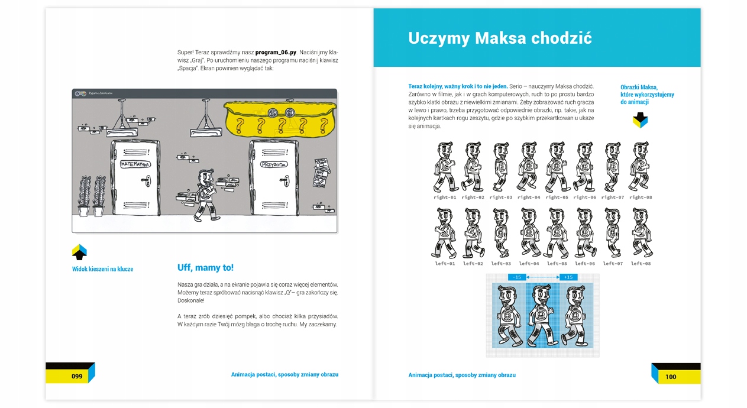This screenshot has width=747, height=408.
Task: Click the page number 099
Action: point(77,377)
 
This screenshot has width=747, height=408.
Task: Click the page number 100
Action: point(670,377)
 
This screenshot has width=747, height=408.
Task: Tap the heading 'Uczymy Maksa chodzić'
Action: point(500,38)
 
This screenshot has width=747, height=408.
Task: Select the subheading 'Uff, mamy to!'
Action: point(205,268)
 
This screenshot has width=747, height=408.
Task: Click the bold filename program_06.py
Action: point(276,52)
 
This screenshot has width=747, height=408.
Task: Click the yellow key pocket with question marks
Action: point(282,119)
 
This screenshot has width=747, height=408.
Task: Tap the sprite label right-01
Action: point(445,197)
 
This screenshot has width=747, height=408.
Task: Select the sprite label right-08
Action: point(641,197)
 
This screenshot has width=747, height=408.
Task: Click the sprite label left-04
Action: point(529,264)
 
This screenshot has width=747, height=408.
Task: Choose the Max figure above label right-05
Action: point(557,167)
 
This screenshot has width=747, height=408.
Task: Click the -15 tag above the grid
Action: point(517,277)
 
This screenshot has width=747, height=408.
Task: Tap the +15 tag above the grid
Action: point(568,277)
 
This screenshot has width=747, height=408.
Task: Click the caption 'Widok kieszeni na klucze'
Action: point(102,269)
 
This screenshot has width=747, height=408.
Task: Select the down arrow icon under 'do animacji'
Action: point(640,121)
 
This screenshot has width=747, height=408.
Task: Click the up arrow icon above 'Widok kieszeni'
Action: point(79,252)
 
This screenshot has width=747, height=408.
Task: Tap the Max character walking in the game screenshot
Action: point(206,195)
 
